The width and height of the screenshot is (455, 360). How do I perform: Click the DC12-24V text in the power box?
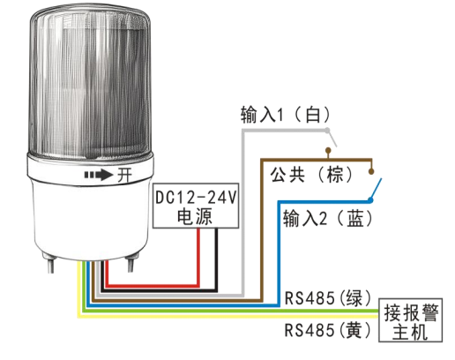[x=196, y=198]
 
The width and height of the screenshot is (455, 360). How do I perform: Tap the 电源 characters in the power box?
[x=195, y=216]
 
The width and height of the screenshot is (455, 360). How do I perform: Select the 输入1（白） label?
[x=286, y=115]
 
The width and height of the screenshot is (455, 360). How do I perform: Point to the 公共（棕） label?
[x=311, y=175]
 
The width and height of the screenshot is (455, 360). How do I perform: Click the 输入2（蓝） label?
[x=328, y=219]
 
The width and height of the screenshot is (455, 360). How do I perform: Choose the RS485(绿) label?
[x=328, y=298]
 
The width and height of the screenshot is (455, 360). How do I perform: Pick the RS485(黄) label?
[x=328, y=330]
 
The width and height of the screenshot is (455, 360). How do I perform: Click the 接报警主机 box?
[x=410, y=320]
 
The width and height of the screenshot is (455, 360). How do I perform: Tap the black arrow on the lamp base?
[x=99, y=175]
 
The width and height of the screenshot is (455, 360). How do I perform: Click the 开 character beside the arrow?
[x=124, y=176]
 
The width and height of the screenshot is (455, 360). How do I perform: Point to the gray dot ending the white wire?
[x=327, y=131]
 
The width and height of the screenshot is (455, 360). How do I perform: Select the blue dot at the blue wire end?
[x=370, y=200]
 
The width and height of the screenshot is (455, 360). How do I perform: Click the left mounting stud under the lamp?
[x=50, y=263]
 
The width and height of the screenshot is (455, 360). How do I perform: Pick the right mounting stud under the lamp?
[x=130, y=263]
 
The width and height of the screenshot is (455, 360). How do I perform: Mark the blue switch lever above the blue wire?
[x=376, y=189]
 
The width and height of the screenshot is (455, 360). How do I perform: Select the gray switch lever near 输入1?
[x=332, y=139]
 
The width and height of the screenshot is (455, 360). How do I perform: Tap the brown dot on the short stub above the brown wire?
[x=328, y=151]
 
